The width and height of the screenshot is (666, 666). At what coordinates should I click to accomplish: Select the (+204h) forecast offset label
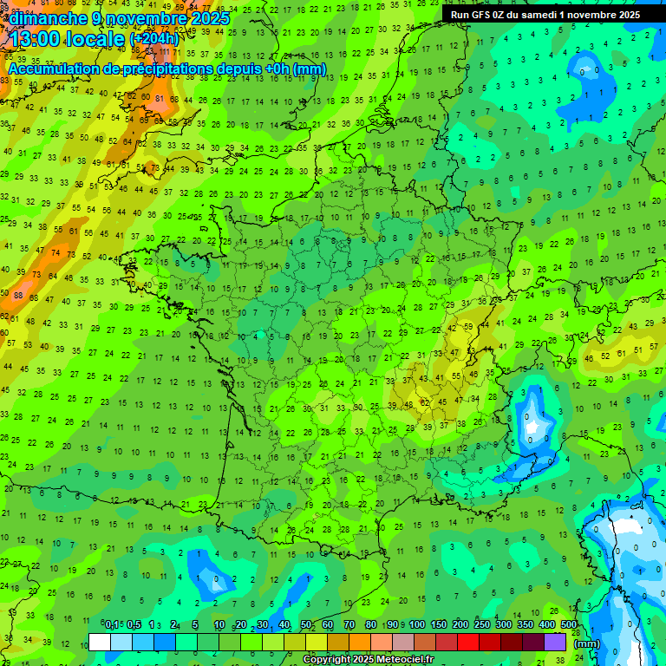click(153, 39)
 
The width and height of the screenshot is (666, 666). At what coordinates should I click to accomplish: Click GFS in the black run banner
click(483, 14)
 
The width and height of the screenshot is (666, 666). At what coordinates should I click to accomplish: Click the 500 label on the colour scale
click(569, 625)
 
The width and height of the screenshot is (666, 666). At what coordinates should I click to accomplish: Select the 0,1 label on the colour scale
click(112, 625)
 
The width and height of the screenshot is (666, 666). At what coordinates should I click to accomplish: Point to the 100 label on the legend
click(417, 625)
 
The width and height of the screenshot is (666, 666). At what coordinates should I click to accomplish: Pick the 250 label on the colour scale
click(482, 625)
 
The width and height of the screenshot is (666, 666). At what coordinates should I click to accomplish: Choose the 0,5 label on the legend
click(134, 625)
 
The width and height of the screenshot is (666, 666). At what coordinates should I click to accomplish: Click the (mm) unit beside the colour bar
click(586, 644)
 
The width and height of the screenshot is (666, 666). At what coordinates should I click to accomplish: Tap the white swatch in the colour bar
click(100, 642)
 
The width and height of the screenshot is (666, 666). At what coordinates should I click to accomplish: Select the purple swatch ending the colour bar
click(555, 642)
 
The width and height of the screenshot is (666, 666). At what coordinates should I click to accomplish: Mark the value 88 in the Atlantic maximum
click(18, 295)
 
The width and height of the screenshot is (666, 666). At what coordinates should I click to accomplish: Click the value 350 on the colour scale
click(526, 625)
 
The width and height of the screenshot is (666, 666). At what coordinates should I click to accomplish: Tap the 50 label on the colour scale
click(306, 625)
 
